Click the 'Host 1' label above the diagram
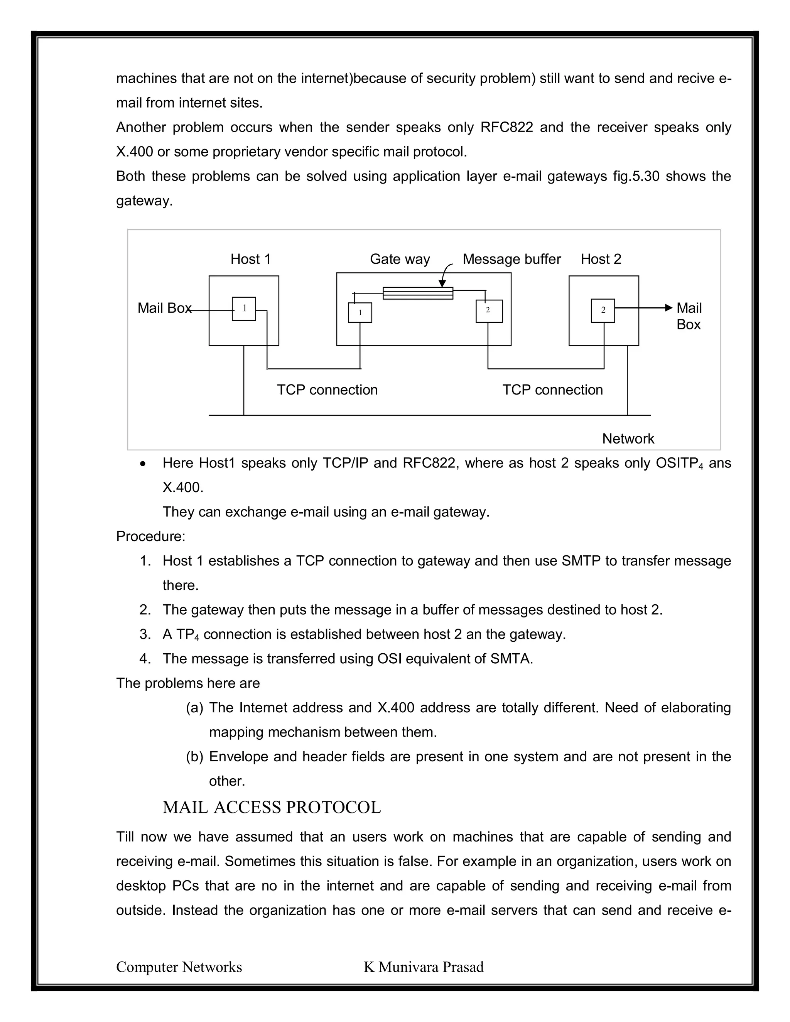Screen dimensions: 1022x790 (250, 259)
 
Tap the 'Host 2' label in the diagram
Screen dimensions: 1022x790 (601, 259)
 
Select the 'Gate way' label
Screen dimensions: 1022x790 (400, 259)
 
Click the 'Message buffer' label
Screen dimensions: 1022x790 (511, 259)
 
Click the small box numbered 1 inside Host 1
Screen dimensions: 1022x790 (244, 309)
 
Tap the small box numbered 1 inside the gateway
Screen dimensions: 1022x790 (360, 313)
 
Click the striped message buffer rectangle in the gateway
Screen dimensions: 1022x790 (418, 293)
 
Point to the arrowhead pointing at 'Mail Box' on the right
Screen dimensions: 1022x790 (669, 307)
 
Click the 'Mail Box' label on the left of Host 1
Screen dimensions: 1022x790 (164, 309)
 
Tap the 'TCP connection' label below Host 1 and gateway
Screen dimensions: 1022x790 (327, 390)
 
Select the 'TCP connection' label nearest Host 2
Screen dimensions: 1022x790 (552, 390)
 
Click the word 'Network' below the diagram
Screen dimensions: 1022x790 (628, 439)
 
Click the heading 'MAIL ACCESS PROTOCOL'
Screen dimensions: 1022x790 (272, 807)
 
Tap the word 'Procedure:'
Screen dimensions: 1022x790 (151, 536)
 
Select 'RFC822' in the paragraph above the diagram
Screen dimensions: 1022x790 (506, 127)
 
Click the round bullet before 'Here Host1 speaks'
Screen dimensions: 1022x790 (143, 464)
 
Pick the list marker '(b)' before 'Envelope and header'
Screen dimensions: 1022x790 (194, 757)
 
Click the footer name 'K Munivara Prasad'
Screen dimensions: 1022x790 (424, 967)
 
